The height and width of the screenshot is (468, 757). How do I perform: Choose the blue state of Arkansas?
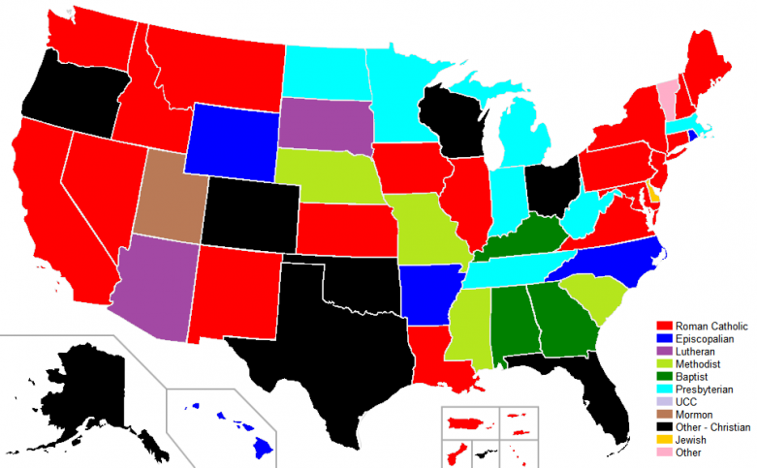click(425, 290)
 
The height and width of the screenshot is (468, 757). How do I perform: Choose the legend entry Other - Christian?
click(718, 426)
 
